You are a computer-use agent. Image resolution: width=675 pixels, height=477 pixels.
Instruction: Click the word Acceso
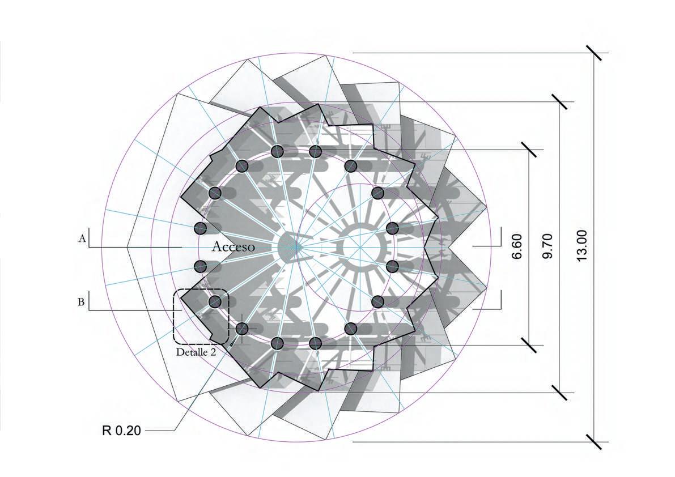tap(233, 247)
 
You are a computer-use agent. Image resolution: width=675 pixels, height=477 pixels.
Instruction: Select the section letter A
tap(82, 240)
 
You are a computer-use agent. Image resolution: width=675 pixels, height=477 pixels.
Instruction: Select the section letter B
tap(82, 302)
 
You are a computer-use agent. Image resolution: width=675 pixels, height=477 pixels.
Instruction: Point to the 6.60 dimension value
tap(516, 247)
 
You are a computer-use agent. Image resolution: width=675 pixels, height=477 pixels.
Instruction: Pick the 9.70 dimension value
tap(547, 247)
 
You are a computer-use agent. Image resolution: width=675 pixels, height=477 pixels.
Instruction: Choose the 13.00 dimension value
tap(580, 247)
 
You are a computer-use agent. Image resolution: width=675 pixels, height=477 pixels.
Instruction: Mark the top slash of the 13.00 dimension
tap(594, 53)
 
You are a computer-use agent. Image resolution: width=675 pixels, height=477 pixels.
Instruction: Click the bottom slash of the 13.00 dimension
tap(594, 441)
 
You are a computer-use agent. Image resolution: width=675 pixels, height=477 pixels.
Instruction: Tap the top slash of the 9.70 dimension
tap(560, 102)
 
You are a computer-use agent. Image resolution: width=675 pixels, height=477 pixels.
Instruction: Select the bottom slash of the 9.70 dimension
tap(560, 392)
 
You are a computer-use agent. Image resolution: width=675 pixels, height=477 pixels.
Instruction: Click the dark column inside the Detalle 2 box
tap(215, 301)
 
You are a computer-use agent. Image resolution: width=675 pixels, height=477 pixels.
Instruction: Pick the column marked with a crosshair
tap(242, 329)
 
